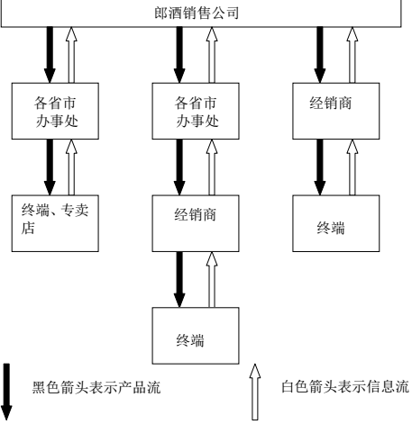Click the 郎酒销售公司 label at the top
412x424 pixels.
(x=197, y=13)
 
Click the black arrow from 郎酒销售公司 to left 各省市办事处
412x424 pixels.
(x=50, y=55)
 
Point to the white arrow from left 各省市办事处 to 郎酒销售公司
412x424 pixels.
(x=71, y=55)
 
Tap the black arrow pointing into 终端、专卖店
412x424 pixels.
(x=50, y=167)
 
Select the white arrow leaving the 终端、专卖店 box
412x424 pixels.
(x=71, y=167)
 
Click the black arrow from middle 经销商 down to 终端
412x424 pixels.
(x=179, y=279)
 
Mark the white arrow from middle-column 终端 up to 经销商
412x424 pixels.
(x=212, y=279)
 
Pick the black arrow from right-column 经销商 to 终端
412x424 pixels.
(x=320, y=167)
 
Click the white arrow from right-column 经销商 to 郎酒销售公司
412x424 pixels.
(x=352, y=55)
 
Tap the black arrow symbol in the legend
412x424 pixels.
(x=6, y=392)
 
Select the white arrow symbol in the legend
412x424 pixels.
(x=255, y=392)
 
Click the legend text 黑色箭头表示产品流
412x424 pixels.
(x=96, y=387)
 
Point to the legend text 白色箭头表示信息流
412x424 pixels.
(x=345, y=386)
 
